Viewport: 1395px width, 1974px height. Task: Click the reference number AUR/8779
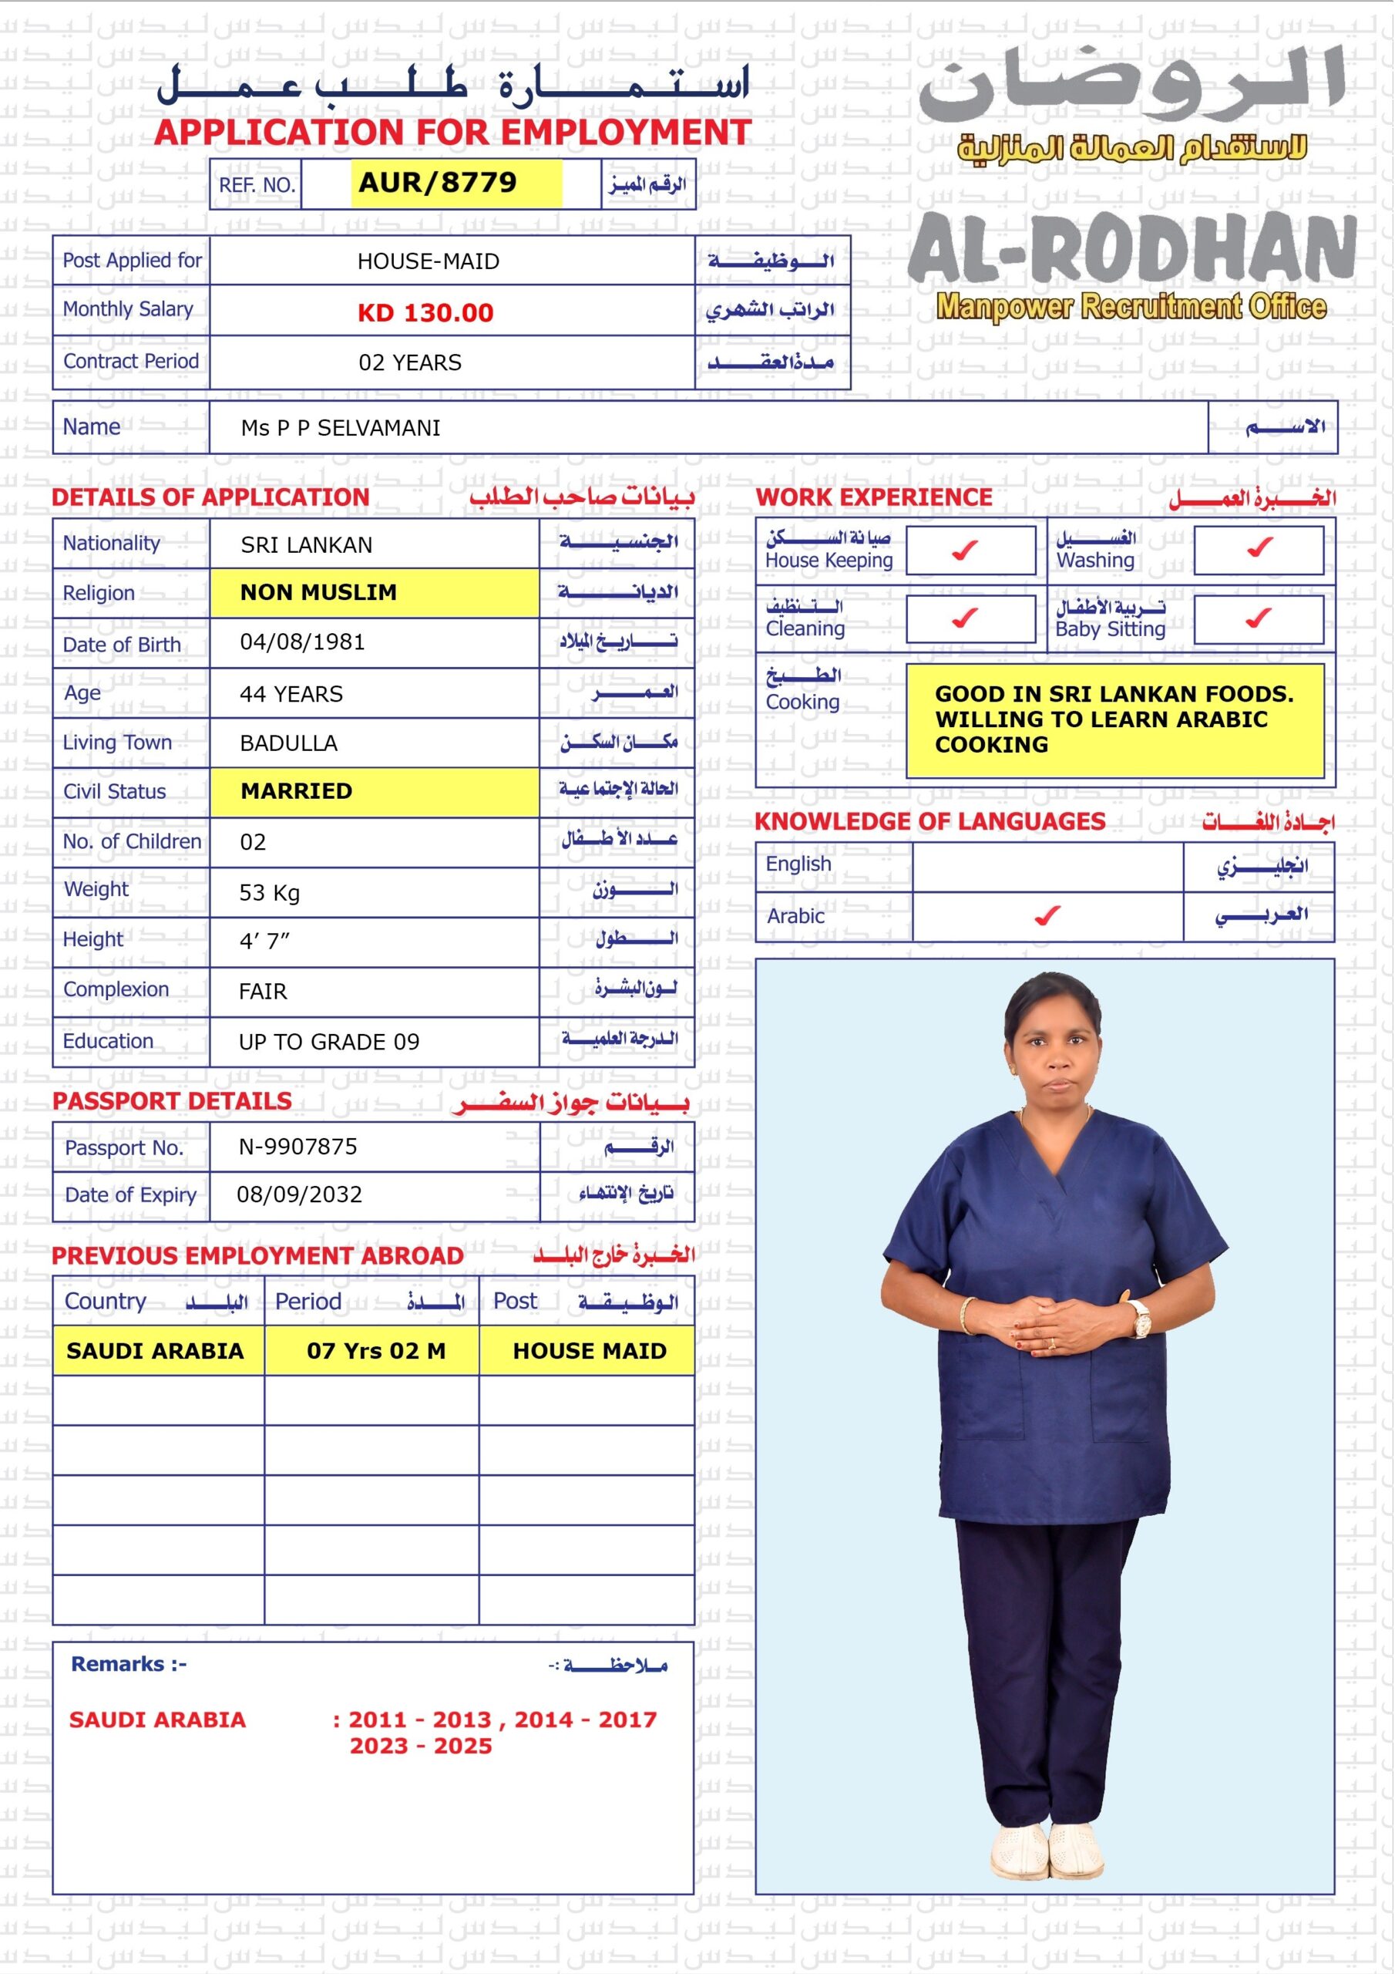[x=439, y=183]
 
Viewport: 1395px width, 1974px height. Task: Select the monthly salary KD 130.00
[x=425, y=313]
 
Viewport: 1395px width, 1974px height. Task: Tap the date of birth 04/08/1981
[x=303, y=642]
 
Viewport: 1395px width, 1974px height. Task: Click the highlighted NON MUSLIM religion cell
[x=374, y=592]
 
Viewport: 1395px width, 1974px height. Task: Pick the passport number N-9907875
[x=298, y=1146]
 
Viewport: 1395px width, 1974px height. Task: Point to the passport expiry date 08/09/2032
[x=299, y=1194]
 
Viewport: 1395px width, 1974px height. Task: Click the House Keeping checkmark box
[x=970, y=551]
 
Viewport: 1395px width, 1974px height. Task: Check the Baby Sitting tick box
[x=1259, y=619]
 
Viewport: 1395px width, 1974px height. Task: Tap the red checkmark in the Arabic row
[x=1047, y=917]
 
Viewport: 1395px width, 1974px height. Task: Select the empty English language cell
[x=1047, y=866]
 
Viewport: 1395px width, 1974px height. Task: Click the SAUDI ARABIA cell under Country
[x=156, y=1351]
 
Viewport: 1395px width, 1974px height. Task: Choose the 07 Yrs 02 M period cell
[x=376, y=1351]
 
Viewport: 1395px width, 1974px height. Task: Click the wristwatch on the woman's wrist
[x=1141, y=1318]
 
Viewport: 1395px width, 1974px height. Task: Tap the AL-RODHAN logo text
[x=1131, y=249]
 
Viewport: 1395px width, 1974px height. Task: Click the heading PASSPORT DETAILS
[x=172, y=1101]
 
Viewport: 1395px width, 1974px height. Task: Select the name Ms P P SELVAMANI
[x=341, y=428]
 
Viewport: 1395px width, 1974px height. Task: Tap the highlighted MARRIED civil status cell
[x=374, y=791]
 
